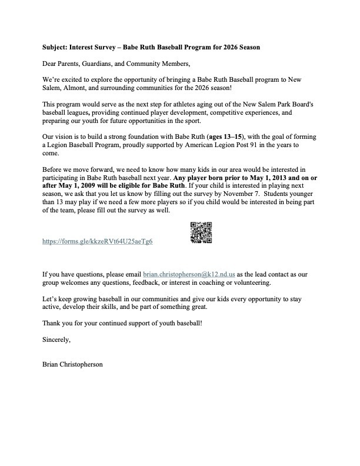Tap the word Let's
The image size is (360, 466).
[50, 299]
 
